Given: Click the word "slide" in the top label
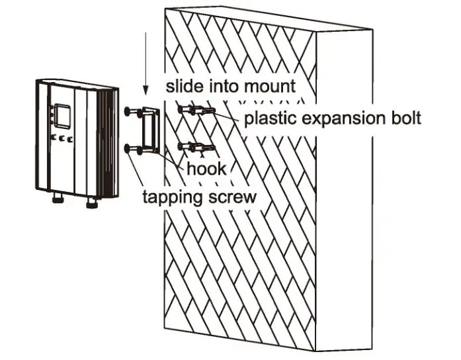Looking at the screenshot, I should (183, 86).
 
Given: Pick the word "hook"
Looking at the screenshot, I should (205, 169).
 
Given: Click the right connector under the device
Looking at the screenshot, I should (91, 202).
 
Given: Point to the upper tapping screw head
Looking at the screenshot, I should (127, 112).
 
